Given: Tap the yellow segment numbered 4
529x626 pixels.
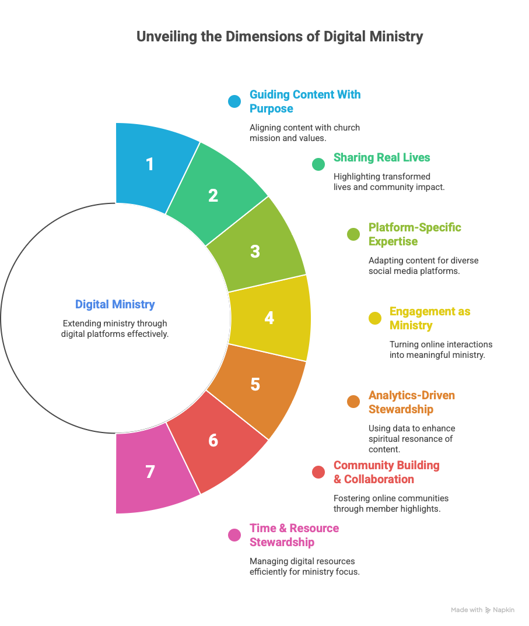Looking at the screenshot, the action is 269,318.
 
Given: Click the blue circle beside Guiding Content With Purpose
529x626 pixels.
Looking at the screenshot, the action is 234,101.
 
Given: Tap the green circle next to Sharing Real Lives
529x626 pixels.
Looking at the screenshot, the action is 318,164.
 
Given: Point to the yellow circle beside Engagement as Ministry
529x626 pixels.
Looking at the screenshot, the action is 374,318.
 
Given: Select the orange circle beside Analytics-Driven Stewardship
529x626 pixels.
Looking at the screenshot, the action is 353,402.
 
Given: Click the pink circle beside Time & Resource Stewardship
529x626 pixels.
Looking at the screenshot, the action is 234,535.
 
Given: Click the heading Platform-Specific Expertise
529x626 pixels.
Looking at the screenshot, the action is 414,234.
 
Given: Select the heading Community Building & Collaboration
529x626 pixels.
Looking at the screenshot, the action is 386,472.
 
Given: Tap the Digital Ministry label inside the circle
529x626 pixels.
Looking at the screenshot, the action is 115,304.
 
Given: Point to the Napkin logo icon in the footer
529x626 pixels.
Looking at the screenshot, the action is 488,610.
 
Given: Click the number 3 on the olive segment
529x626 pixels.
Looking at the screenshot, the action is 255,252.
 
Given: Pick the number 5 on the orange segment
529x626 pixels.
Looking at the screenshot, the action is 255,385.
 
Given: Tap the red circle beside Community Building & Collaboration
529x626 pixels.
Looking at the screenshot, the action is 318,472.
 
